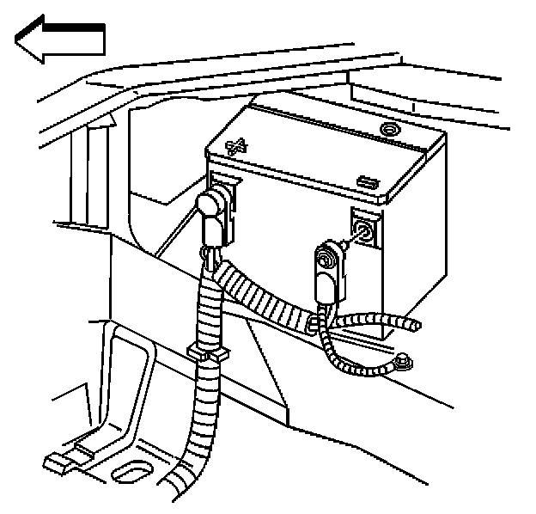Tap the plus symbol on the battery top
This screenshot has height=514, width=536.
[x=236, y=146]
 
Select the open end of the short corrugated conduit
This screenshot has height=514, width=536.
[x=416, y=326]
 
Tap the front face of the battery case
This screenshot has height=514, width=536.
[x=283, y=232]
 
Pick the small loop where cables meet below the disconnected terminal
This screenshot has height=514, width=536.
[x=315, y=322]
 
